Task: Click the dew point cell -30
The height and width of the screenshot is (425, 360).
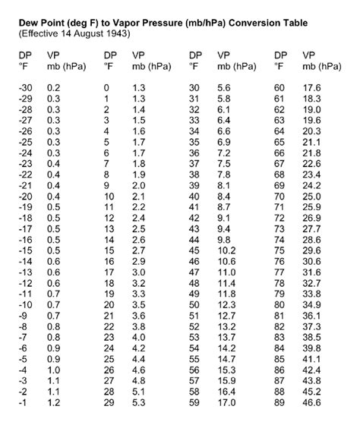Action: (x=27, y=88)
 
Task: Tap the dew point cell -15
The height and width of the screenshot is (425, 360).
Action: (x=27, y=250)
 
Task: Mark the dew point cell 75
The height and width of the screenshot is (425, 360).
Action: (x=279, y=250)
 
